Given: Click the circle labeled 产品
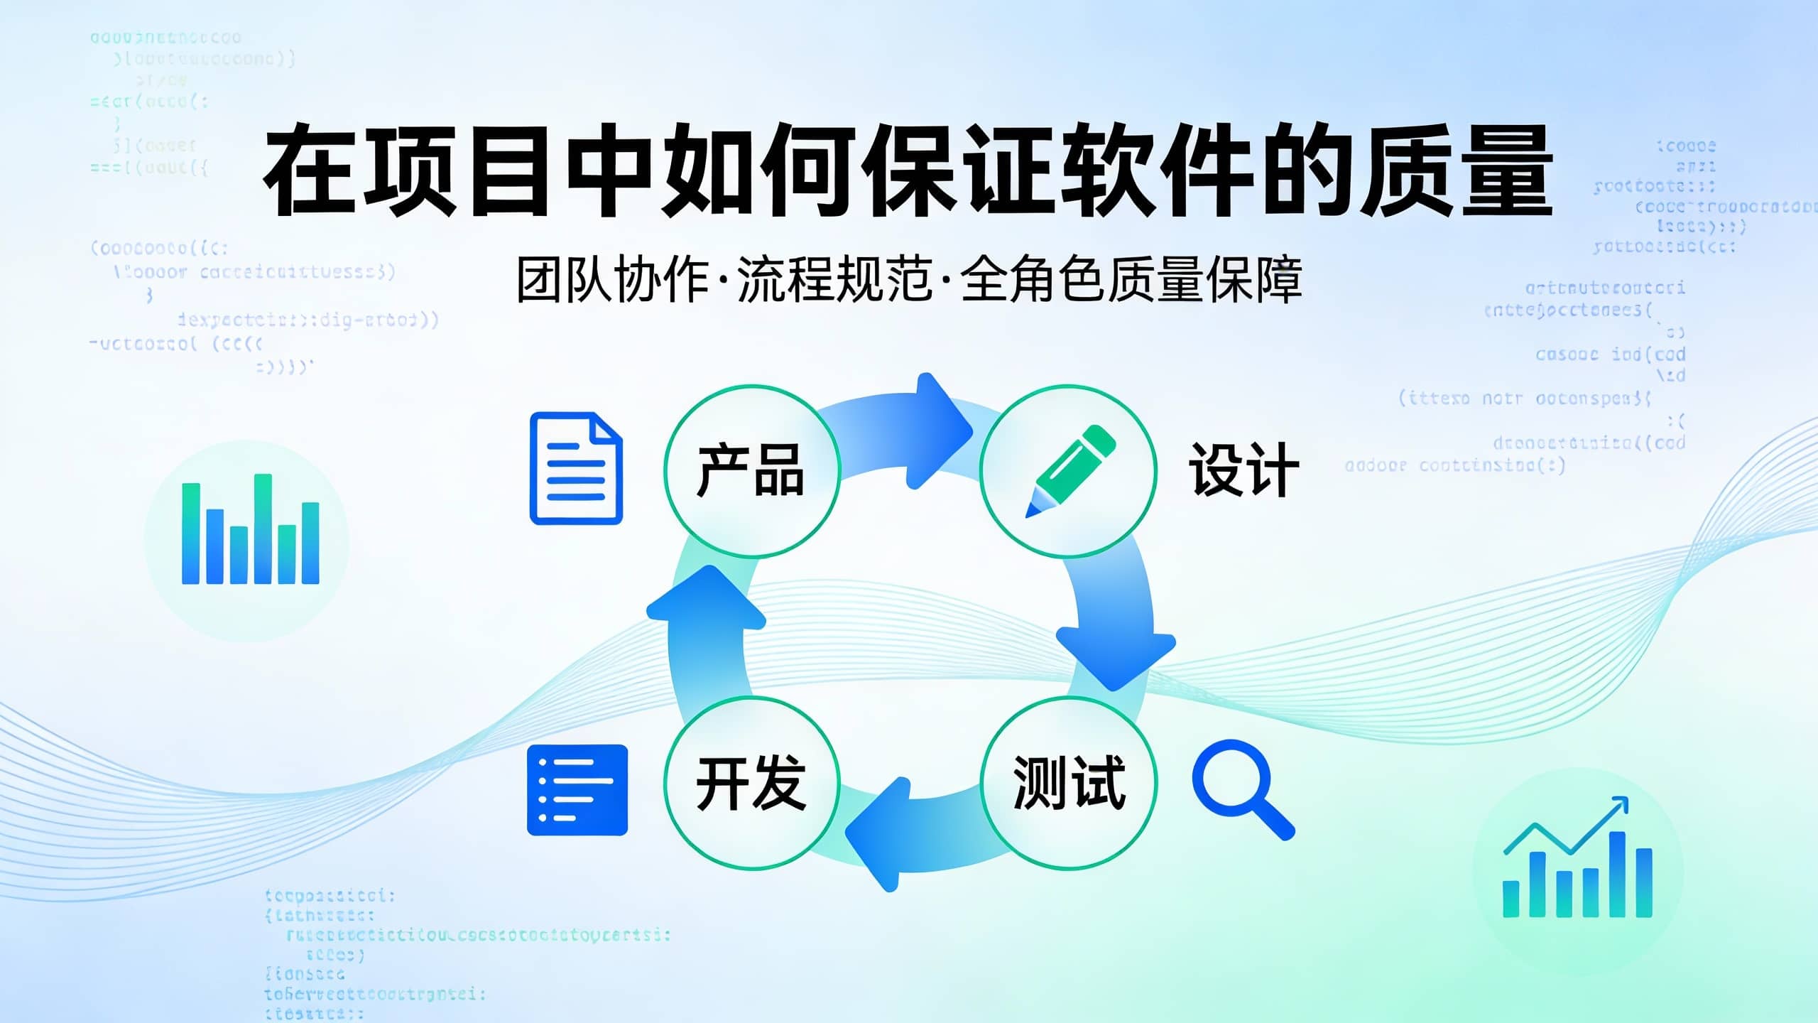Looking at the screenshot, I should pyautogui.click(x=751, y=471).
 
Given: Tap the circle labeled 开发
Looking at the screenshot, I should pyautogui.click(x=751, y=783).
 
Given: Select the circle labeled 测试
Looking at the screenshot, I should pyautogui.click(x=1068, y=783).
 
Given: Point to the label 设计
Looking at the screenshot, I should pyautogui.click(x=1244, y=470).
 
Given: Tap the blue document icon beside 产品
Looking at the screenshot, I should pyautogui.click(x=576, y=468).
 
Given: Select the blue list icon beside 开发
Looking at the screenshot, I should pyautogui.click(x=577, y=789).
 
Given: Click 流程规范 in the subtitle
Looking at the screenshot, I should pyautogui.click(x=834, y=280).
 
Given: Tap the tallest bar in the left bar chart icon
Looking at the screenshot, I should pyautogui.click(x=263, y=529).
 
